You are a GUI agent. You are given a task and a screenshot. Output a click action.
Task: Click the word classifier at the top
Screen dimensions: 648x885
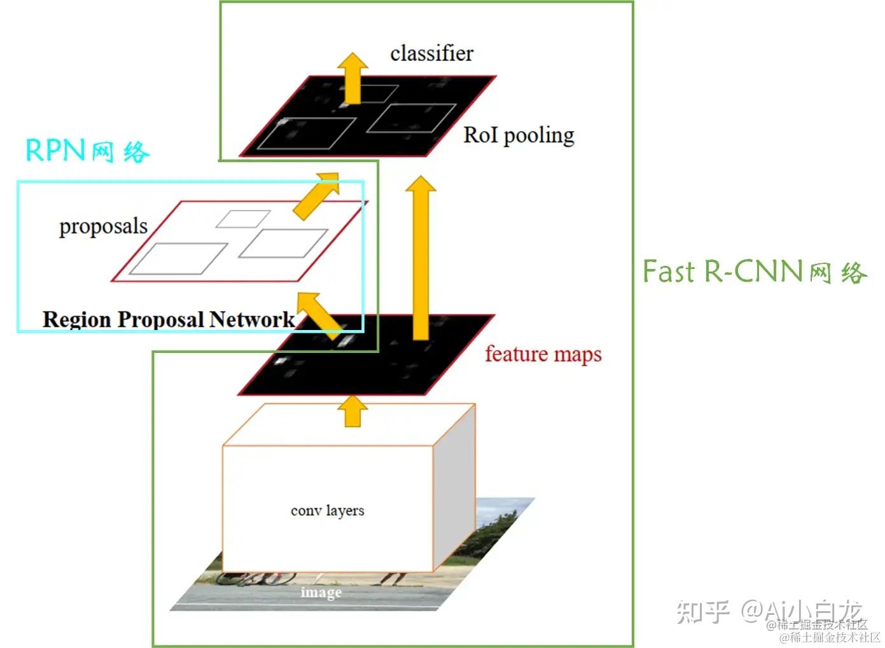(431, 53)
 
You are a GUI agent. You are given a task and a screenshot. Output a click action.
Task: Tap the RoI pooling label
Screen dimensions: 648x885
(519, 135)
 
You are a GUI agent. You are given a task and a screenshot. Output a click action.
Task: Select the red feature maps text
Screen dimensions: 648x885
(543, 354)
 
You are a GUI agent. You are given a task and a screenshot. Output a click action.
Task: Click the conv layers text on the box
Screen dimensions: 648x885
(327, 511)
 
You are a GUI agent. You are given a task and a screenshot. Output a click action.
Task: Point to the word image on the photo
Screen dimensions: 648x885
(321, 592)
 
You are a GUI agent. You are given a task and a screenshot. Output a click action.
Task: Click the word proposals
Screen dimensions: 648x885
(103, 226)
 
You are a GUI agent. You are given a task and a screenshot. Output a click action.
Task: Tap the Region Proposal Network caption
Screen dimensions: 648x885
(169, 319)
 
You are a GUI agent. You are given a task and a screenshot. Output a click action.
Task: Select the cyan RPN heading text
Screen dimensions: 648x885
(87, 151)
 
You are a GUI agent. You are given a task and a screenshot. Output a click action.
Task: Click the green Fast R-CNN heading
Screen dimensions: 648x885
(754, 272)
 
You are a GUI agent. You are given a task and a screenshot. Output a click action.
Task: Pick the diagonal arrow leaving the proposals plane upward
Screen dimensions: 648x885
(316, 195)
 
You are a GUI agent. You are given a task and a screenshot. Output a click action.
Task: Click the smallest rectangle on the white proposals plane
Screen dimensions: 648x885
(243, 219)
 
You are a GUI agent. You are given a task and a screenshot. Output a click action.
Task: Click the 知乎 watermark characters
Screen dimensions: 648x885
(702, 611)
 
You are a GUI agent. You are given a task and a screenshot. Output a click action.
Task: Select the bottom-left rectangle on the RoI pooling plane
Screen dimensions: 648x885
(307, 134)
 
